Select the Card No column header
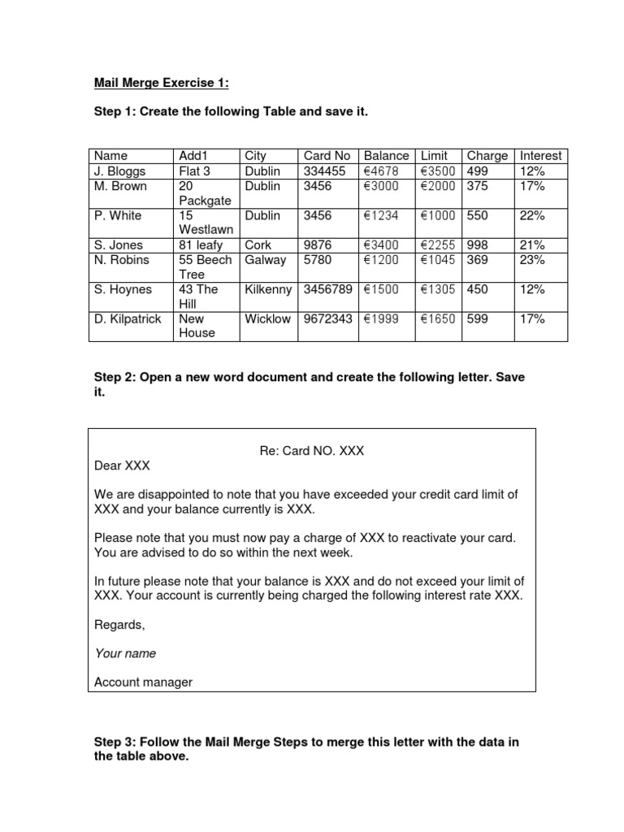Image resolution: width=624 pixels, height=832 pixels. click(x=327, y=155)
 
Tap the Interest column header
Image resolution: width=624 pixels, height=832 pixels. click(x=540, y=155)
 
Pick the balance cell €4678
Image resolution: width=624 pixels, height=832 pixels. click(x=381, y=171)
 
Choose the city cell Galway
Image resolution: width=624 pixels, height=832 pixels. click(x=265, y=260)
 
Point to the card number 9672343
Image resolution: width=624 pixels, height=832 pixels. click(x=327, y=318)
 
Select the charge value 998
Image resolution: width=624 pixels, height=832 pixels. click(x=478, y=245)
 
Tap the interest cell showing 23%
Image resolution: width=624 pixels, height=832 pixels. click(x=532, y=260)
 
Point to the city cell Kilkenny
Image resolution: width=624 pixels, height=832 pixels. click(x=267, y=289)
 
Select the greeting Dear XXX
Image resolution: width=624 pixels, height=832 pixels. click(x=123, y=466)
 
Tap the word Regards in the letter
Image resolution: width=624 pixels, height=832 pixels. click(x=119, y=625)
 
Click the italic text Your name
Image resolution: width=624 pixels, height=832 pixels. click(x=125, y=653)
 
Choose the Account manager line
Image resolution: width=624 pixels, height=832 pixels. click(x=143, y=682)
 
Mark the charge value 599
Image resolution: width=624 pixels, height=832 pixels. click(x=478, y=318)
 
